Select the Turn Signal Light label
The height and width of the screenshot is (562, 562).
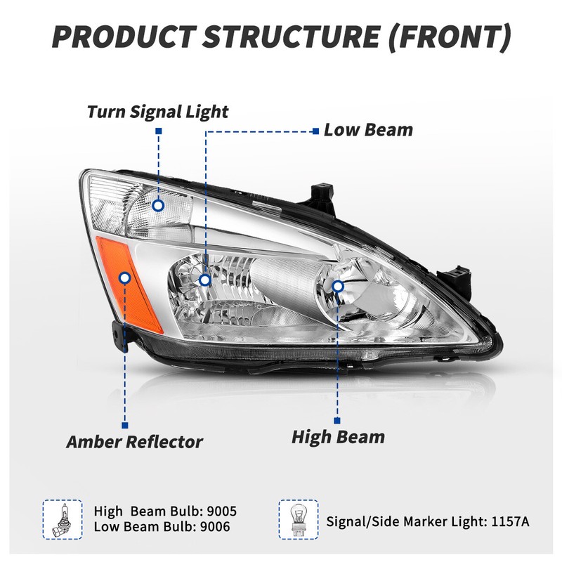point(158,111)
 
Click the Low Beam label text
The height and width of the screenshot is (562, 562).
point(368,130)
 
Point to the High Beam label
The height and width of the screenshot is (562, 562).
point(339,437)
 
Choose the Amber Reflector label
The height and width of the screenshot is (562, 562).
point(134,442)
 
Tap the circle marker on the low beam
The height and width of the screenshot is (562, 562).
point(205,280)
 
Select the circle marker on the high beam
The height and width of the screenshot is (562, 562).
point(338,286)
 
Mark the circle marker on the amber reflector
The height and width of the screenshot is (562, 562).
point(125,278)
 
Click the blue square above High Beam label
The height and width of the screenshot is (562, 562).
point(338,420)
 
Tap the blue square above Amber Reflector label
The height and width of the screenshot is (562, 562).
point(125,424)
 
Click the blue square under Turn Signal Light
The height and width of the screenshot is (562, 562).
point(159,131)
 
